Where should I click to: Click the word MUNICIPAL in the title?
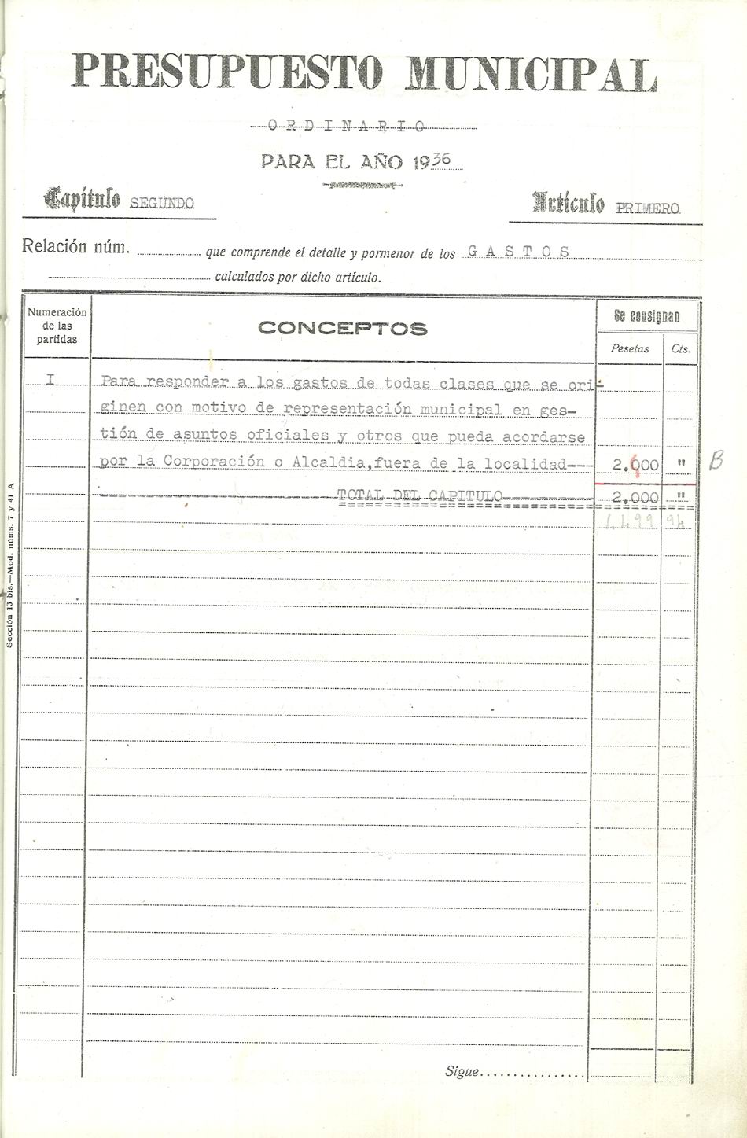coord(532,75)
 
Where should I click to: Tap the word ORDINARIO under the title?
coord(347,126)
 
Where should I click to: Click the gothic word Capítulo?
coord(83,199)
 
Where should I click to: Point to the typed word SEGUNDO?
coord(161,204)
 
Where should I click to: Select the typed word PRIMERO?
coord(648,208)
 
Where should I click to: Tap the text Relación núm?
coord(75,246)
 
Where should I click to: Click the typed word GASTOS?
coord(518,252)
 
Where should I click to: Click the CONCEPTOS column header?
coord(342,329)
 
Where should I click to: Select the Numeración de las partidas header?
coord(57,326)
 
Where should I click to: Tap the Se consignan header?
coord(647,317)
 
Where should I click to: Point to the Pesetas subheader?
coord(630,348)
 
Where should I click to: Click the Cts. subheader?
coord(680,348)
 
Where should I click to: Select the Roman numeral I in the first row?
coord(50,380)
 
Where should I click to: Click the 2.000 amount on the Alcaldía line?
coord(635,465)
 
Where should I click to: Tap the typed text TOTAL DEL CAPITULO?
coord(419,495)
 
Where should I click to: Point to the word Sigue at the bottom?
coord(462,1071)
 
